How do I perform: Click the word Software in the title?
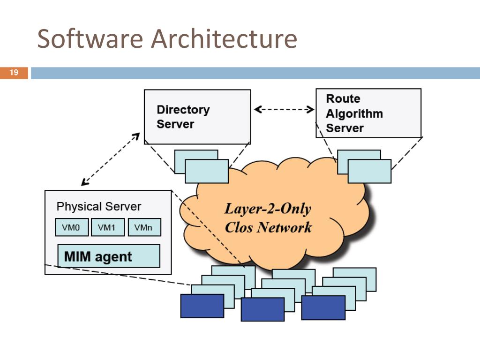90,39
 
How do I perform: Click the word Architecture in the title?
224,39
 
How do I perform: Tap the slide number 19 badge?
14,73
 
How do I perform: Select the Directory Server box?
197,117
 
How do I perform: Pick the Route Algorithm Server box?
368,113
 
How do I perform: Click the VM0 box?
71,228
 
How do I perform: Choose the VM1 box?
107,228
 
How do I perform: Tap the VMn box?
144,228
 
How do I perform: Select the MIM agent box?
108,256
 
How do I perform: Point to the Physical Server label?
98,207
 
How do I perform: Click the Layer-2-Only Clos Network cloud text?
268,218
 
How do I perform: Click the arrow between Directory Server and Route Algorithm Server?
284,110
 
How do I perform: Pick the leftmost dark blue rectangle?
202,306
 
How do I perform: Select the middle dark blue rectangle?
262,309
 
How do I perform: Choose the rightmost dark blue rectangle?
323,307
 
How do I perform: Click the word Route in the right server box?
343,99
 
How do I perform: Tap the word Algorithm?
354,113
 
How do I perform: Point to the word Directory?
183,110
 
